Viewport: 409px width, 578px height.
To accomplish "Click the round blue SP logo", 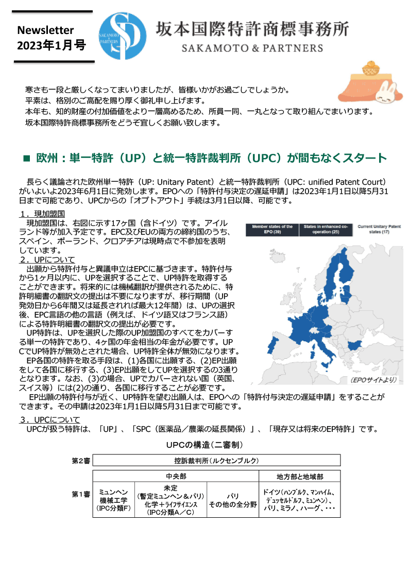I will (122, 37).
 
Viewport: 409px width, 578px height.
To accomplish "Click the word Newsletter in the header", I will (45, 30).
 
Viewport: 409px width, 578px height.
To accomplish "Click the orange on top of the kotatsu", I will (371, 67).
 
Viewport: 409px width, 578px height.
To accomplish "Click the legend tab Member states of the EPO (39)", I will (272, 229).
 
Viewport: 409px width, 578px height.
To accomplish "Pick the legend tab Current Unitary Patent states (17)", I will (379, 229).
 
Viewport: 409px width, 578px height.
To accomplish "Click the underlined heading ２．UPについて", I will (47, 259).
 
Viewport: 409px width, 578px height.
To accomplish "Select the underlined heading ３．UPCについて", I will (49, 419).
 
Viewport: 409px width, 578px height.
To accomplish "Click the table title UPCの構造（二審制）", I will (204, 444).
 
